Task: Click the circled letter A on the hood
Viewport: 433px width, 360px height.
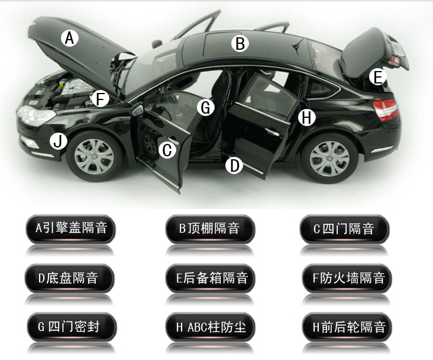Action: tap(70, 38)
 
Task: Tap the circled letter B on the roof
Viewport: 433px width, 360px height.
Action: tap(240, 44)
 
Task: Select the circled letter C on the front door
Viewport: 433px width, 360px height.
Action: tap(167, 150)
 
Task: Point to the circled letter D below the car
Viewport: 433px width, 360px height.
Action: tap(234, 166)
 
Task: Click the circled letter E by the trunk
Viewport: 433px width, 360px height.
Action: tap(377, 77)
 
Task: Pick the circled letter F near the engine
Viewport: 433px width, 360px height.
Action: tap(100, 99)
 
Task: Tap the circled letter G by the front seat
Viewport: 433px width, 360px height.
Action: tap(206, 107)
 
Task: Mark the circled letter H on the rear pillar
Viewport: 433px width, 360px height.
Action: tap(307, 117)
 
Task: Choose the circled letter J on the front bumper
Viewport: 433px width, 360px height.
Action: tap(59, 141)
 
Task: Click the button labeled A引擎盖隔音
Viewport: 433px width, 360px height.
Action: tap(71, 229)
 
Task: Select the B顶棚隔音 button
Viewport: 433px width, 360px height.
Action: tap(210, 229)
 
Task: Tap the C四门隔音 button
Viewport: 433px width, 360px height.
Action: tap(344, 229)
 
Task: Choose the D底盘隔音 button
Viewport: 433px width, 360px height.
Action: tap(69, 278)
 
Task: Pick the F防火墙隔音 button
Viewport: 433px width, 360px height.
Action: tap(347, 278)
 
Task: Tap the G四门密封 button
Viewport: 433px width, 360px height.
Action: tap(72, 327)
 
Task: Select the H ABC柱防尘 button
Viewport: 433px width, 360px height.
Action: tap(211, 327)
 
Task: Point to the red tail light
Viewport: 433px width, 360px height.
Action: tap(386, 110)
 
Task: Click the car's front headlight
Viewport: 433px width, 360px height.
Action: tap(36, 115)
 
